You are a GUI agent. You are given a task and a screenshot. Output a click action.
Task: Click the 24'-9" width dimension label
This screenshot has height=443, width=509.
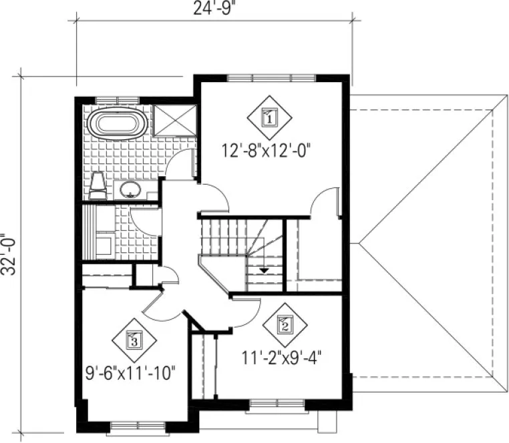click(x=210, y=9)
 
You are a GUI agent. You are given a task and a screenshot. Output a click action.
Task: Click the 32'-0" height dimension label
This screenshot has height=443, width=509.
click(x=9, y=254)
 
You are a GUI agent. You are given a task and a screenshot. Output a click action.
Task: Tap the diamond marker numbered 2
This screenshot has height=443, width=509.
click(x=284, y=325)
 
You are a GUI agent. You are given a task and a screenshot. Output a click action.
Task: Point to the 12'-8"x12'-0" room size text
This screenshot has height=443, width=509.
click(x=269, y=151)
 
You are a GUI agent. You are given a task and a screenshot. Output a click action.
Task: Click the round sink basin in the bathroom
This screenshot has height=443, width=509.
click(x=129, y=189)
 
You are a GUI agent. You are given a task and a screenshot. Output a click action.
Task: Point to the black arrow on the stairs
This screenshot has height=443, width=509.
click(x=265, y=270)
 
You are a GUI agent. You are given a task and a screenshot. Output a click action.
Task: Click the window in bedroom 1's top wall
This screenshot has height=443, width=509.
click(x=270, y=77)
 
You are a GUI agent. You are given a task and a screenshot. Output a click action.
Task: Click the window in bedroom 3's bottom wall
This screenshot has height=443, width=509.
click(x=136, y=424)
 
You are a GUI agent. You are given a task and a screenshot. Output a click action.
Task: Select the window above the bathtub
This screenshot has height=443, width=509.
click(x=115, y=100)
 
